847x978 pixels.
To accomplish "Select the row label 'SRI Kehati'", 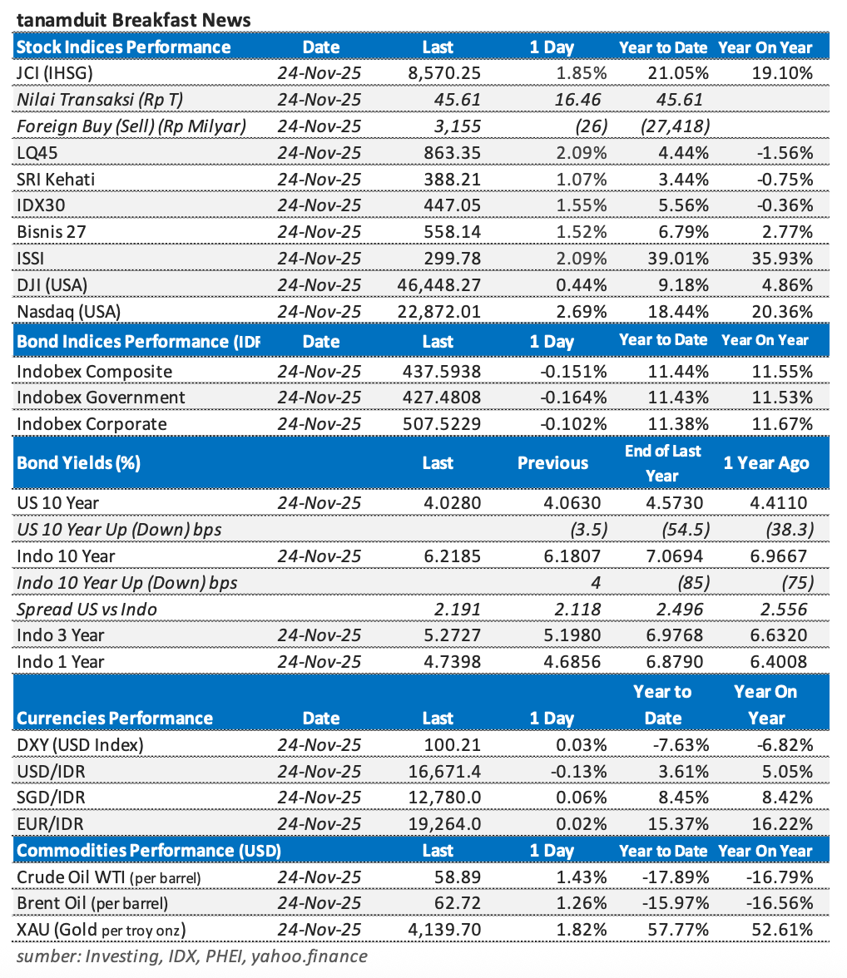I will coord(55,179).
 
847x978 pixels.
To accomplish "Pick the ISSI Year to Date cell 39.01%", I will coord(681,259).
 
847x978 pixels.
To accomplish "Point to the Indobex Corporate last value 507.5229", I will coord(442,424).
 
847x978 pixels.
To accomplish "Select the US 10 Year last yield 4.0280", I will coord(454,503).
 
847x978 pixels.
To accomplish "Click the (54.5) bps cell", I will coord(686,530).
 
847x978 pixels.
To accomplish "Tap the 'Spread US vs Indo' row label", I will coord(87,609).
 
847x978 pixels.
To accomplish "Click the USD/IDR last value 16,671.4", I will coord(445,771).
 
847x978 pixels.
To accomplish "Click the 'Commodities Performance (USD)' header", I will coord(149,851).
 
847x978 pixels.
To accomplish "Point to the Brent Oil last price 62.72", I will coord(458,903).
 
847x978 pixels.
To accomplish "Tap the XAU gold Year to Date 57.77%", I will coord(681,930).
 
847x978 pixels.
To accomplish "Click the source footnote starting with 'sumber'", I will coord(191,956).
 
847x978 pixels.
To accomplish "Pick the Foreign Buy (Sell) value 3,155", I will coord(458,126).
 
